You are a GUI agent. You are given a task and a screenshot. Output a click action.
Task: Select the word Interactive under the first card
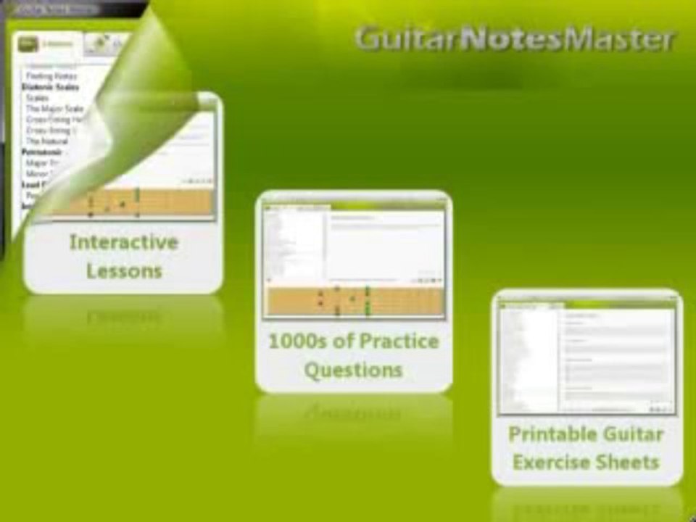click(123, 242)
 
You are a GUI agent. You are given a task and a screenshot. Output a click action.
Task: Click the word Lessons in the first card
click(124, 271)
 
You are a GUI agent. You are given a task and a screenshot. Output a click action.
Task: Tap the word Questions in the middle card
click(353, 370)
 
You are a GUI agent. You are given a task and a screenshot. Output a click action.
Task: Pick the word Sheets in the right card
click(633, 462)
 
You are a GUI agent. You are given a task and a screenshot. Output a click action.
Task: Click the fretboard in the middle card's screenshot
click(354, 301)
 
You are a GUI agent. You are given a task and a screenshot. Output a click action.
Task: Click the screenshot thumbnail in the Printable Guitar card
click(587, 356)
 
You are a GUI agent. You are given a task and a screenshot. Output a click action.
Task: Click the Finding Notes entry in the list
click(51, 76)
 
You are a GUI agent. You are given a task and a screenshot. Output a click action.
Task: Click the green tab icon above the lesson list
click(28, 44)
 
